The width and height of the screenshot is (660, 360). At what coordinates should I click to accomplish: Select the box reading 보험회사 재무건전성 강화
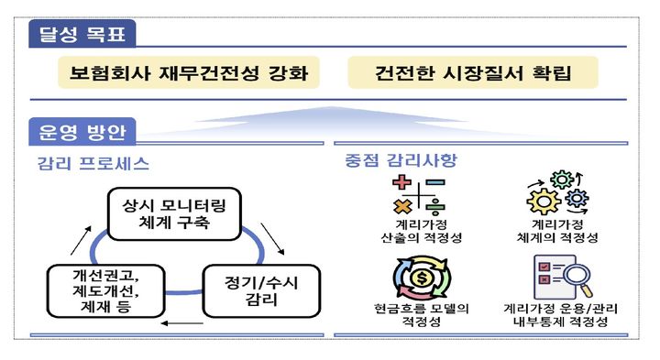(x=191, y=71)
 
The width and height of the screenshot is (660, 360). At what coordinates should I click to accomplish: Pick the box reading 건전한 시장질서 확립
(x=472, y=71)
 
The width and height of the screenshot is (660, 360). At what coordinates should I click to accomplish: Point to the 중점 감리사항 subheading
(x=401, y=161)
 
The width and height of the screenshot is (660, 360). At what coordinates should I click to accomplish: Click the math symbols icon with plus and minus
(x=418, y=196)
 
